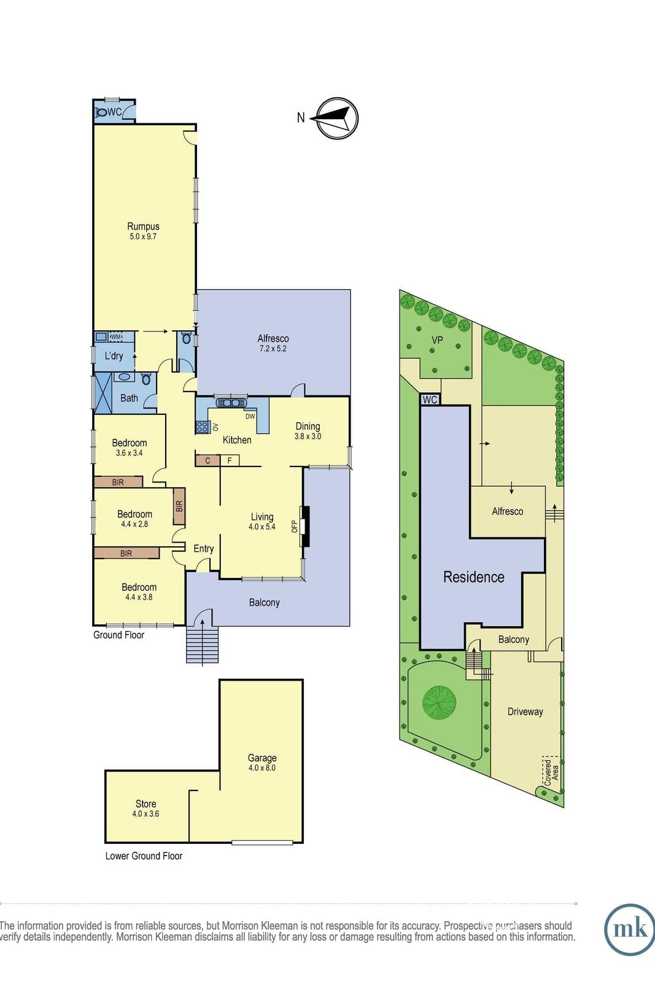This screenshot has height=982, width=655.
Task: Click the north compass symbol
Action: click(337, 118)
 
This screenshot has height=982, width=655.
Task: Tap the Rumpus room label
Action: click(144, 226)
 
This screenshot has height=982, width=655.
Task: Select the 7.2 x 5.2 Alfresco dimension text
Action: click(273, 349)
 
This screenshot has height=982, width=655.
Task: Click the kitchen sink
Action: click(231, 403)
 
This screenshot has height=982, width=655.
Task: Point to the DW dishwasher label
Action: click(250, 416)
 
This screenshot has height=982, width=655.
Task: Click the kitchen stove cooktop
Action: click(202, 427)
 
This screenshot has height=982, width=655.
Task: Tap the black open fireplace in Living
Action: click(306, 526)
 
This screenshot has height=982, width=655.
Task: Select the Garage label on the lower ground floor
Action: click(262, 757)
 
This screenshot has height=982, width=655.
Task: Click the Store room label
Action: click(145, 803)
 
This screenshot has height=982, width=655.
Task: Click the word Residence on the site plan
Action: click(473, 577)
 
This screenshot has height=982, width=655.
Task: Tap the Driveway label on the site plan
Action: click(525, 711)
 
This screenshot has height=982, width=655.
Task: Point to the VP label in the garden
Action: click(437, 340)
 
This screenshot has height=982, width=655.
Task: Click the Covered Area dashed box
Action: click(551, 771)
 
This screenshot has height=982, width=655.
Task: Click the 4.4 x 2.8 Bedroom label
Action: click(134, 519)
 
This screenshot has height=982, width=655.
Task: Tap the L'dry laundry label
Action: click(114, 356)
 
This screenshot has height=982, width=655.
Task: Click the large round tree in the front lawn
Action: click(439, 703)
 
